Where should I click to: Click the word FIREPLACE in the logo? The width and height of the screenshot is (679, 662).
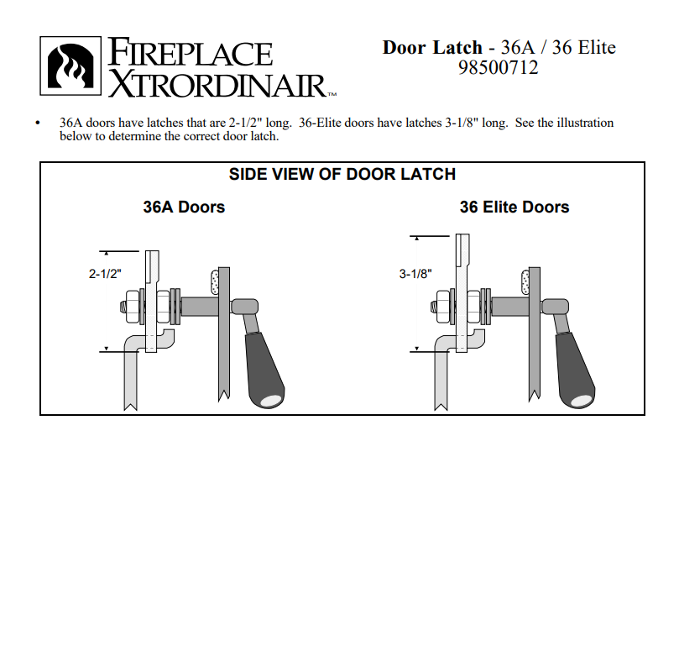pos(190,53)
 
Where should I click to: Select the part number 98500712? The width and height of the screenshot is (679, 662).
pos(499,68)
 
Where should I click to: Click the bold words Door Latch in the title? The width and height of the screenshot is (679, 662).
pos(432,47)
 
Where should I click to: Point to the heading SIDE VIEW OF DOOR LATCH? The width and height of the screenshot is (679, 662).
pos(342,175)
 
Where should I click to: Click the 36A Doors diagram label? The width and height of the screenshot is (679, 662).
pos(184,207)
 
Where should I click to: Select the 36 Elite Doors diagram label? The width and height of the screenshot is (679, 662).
pos(514,207)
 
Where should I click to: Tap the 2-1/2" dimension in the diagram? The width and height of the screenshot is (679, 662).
pos(106,273)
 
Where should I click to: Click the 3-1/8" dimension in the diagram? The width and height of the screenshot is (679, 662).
pos(416,273)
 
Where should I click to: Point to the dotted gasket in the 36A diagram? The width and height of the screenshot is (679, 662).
pos(213,282)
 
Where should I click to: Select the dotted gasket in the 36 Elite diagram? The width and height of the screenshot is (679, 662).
pos(524,282)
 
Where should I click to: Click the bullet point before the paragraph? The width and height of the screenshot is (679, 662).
pos(38,123)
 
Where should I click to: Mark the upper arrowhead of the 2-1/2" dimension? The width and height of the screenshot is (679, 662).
pos(107,253)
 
